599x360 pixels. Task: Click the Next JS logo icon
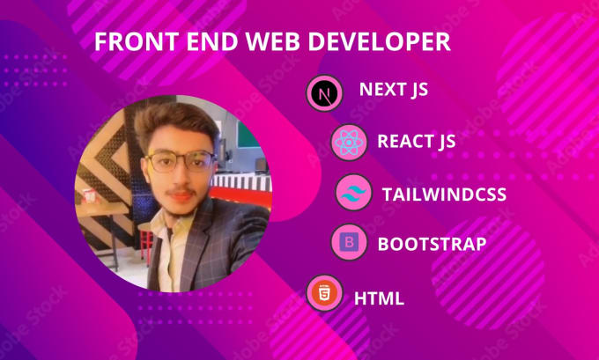click(325, 93)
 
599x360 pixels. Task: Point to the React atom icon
click(349, 143)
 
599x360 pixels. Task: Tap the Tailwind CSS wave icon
click(353, 193)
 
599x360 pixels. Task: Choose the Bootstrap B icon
click(349, 242)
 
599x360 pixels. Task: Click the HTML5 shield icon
click(325, 293)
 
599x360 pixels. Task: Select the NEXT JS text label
click(394, 90)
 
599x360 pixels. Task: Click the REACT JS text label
click(417, 142)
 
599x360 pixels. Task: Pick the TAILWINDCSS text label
click(444, 195)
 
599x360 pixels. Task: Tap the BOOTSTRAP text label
click(432, 245)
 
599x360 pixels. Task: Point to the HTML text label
click(379, 298)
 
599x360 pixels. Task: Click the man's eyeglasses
click(180, 161)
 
